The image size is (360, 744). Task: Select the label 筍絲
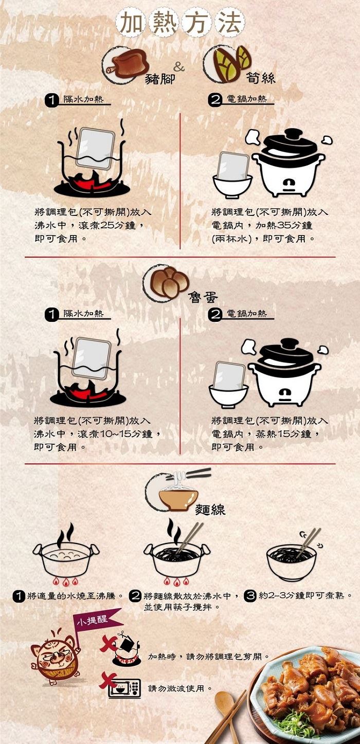click(x=261, y=78)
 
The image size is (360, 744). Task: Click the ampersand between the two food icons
click(x=179, y=67)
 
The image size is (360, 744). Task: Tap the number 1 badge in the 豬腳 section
click(x=51, y=100)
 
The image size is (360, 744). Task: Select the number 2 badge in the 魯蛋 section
click(x=214, y=315)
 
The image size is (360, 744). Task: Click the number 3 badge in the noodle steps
click(x=250, y=595)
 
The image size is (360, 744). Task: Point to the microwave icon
click(x=124, y=688)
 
